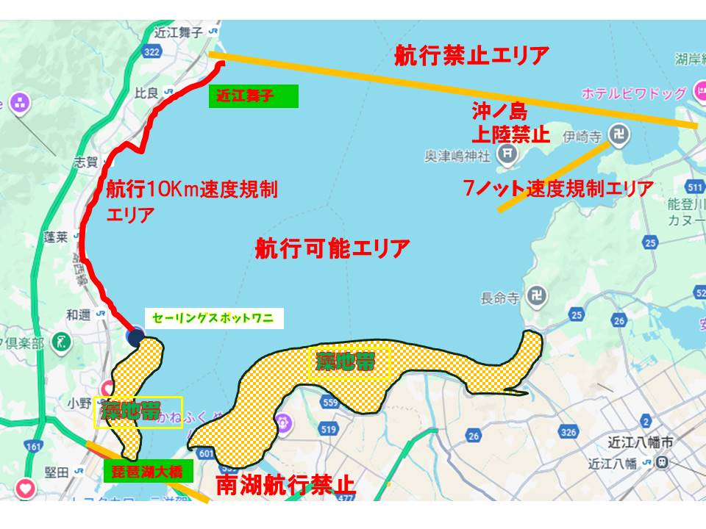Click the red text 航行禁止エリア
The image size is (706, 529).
pos(472,55)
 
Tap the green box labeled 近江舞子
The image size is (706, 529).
pos(254,96)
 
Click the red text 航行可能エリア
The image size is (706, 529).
pos(332,249)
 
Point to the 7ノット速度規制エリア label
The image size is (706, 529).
pos(558,189)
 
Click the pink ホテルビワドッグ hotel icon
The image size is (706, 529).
pos(699,93)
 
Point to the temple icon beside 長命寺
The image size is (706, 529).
pos(535,298)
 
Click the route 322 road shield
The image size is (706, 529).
pos(153,53)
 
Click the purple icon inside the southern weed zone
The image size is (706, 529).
pos(283,422)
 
